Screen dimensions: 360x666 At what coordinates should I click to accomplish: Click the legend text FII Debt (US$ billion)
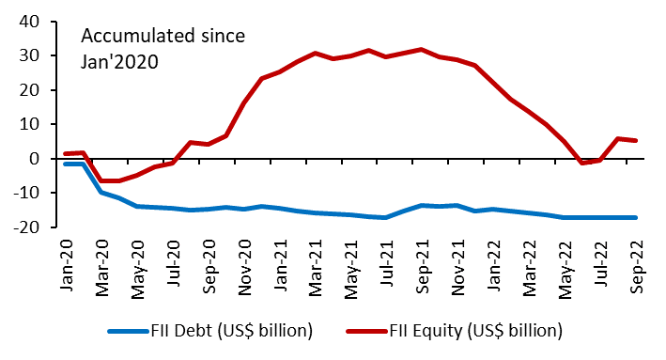231,331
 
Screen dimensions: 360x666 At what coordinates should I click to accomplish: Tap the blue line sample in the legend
127,331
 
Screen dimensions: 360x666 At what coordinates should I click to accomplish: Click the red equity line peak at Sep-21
422,49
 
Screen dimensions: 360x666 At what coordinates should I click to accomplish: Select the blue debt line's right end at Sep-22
636,217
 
